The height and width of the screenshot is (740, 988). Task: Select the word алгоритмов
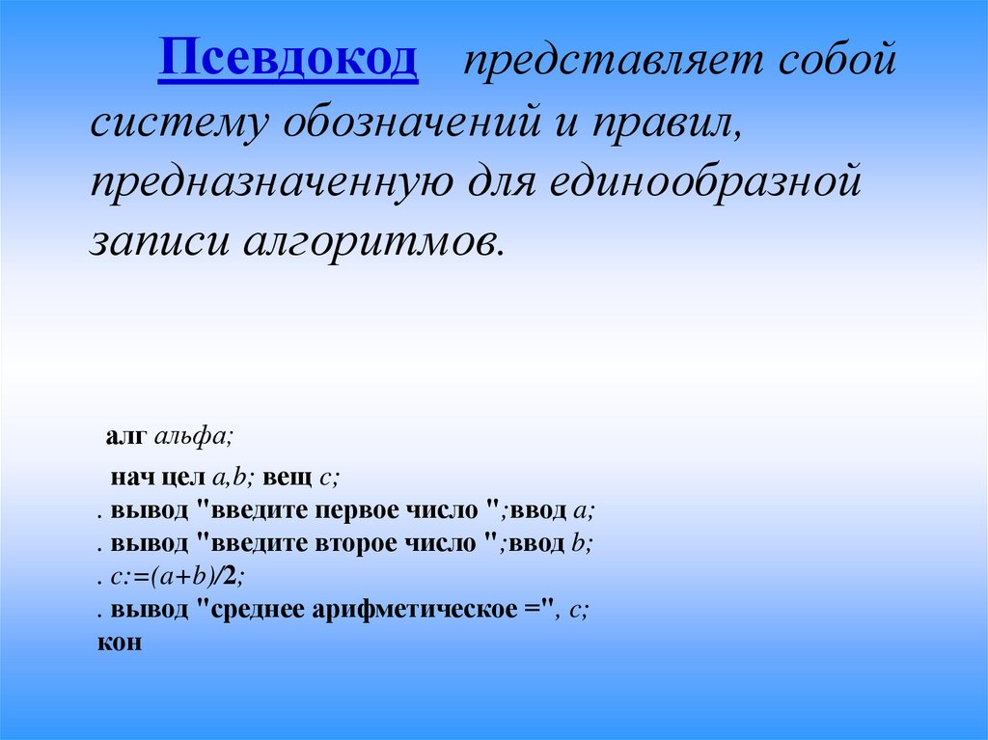pos(372,238)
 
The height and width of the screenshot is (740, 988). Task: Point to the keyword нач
pos(128,477)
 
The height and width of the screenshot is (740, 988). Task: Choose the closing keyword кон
pos(120,642)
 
